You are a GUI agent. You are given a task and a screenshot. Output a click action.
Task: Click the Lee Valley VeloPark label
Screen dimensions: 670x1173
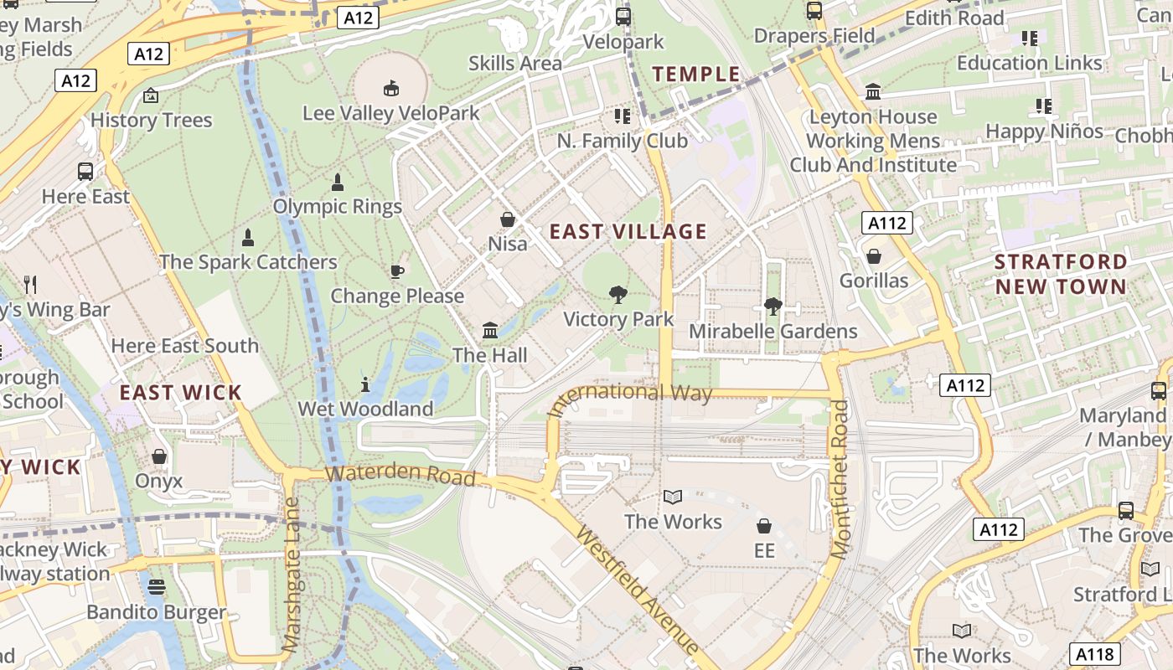click(x=391, y=113)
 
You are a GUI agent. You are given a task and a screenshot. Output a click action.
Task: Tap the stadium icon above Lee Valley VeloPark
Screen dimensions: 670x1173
click(x=390, y=87)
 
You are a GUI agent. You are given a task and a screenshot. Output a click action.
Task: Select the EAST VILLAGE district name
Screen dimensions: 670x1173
click(x=628, y=232)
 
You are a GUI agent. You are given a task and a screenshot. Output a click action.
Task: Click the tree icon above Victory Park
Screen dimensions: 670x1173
click(x=618, y=294)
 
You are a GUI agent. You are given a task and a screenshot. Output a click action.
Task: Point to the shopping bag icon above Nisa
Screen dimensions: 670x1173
click(x=508, y=219)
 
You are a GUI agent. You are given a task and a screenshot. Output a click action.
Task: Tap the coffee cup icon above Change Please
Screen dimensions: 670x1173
click(x=397, y=271)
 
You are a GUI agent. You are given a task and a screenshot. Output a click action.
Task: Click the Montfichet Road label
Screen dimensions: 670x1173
click(x=840, y=479)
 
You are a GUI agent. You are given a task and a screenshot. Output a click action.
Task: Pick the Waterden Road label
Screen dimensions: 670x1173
click(x=400, y=474)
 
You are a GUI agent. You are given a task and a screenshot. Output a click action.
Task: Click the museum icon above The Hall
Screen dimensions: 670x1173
click(x=490, y=330)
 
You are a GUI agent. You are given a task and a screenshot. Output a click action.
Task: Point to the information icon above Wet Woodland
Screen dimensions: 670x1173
click(x=365, y=384)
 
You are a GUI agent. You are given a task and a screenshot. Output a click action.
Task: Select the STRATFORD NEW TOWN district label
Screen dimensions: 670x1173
click(x=1061, y=274)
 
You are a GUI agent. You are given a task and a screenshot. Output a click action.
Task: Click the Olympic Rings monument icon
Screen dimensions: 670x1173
click(x=338, y=182)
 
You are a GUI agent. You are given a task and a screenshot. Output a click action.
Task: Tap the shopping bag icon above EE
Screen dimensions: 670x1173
click(x=763, y=526)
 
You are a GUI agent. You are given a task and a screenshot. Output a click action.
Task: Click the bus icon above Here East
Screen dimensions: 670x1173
click(x=85, y=172)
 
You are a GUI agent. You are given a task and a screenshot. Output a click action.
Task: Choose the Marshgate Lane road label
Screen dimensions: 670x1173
click(x=292, y=575)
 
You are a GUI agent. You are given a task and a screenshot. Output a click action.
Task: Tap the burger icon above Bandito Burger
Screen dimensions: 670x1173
click(x=157, y=587)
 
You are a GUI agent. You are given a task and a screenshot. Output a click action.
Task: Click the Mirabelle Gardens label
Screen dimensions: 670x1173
click(x=773, y=332)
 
